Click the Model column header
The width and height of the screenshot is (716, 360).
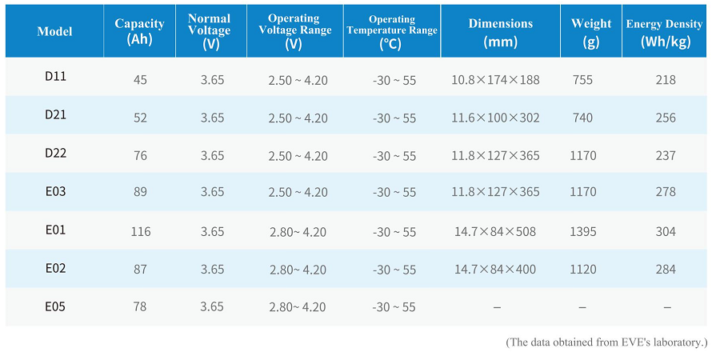(54, 31)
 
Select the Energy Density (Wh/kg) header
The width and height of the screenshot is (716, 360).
(664, 33)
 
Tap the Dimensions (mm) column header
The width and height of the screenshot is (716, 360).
(501, 33)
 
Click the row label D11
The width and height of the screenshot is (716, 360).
(55, 76)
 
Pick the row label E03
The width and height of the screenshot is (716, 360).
(55, 191)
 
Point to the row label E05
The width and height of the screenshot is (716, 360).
(55, 306)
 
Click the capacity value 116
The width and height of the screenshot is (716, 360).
(141, 232)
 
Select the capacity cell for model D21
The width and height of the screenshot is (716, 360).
(140, 118)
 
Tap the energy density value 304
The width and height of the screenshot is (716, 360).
(666, 232)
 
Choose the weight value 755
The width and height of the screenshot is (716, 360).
(582, 80)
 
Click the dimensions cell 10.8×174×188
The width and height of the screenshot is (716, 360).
(495, 80)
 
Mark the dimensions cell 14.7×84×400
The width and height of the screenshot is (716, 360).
(495, 270)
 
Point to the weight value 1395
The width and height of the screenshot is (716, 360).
(583, 232)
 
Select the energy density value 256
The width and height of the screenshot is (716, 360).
(666, 118)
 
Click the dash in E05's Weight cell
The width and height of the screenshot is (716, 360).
(582, 308)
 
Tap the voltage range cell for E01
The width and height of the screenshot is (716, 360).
(298, 232)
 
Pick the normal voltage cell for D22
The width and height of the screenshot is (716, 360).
(212, 156)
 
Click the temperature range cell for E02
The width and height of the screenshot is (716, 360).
(394, 270)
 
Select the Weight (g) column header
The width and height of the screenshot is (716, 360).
(591, 33)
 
